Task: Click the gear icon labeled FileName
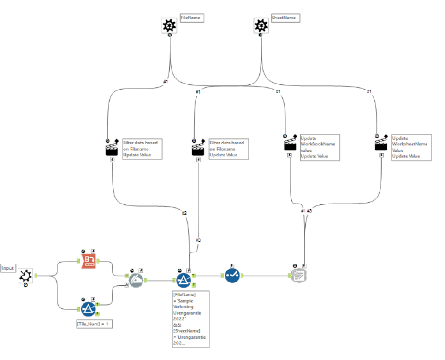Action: coord(170,25)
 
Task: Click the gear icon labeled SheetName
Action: coord(261,25)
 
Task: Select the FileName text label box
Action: coord(192,18)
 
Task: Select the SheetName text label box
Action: coord(285,18)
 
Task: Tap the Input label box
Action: coord(8,268)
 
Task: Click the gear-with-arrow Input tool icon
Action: coord(25,276)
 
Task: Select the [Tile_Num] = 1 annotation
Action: coord(95,324)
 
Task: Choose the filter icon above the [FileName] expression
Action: coord(184,279)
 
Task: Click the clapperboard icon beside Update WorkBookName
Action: coord(289,145)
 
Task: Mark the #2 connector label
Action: coord(184,213)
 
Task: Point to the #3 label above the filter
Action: coord(198,240)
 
